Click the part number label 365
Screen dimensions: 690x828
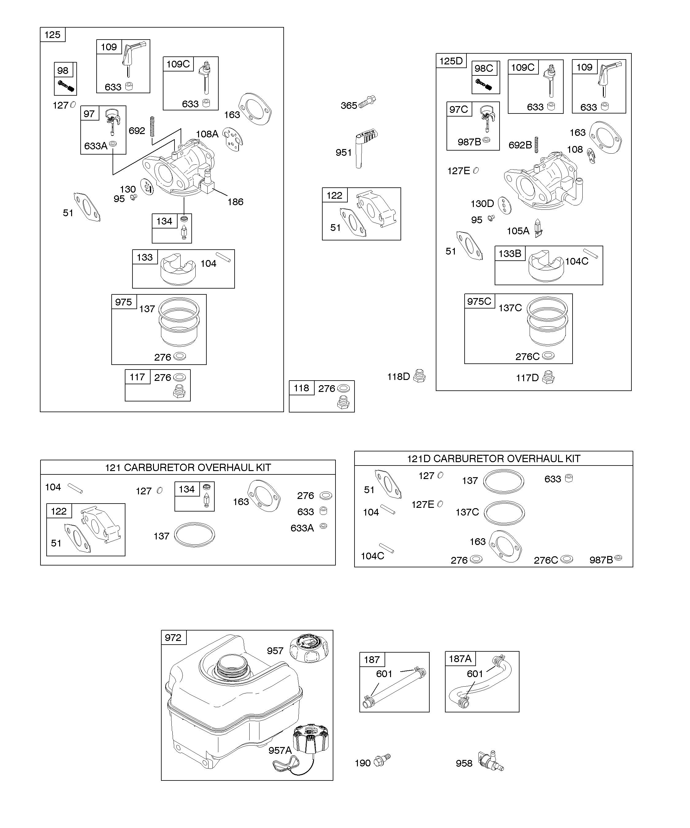pyautogui.click(x=349, y=106)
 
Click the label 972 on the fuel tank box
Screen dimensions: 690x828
pyautogui.click(x=173, y=638)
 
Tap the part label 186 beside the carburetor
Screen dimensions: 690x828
pyautogui.click(x=236, y=202)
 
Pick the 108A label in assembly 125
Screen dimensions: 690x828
pyautogui.click(x=207, y=134)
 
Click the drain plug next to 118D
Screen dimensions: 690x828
pyautogui.click(x=420, y=377)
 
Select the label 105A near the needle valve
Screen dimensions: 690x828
pyautogui.click(x=518, y=231)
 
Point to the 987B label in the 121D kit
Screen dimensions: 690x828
pyautogui.click(x=601, y=560)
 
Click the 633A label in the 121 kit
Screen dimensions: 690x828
pyautogui.click(x=302, y=528)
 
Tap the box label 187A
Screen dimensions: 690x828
pyautogui.click(x=460, y=658)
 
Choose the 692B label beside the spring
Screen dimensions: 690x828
pyautogui.click(x=520, y=145)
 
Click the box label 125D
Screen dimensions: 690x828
pyautogui.click(x=451, y=61)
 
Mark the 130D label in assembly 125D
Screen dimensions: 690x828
pyautogui.click(x=482, y=204)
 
